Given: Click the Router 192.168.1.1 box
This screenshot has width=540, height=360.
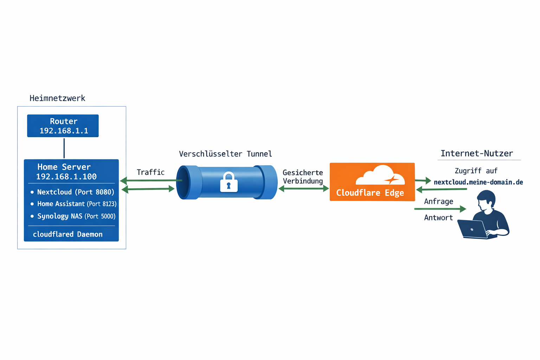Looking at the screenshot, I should point(63,126).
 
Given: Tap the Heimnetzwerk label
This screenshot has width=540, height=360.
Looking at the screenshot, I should point(57,98).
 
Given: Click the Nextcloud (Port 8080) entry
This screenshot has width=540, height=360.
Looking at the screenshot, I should point(75,192).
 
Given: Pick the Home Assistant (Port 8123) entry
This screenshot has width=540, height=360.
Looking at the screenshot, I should point(76,204).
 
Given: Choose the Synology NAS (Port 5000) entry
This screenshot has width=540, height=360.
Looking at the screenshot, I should point(76,216).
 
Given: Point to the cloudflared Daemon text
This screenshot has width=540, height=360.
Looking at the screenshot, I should point(67,234).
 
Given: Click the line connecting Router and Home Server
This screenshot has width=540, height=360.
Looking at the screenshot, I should point(64,148).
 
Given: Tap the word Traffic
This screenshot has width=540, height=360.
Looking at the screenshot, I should point(150,172).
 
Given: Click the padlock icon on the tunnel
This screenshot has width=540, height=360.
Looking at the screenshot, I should point(229,182).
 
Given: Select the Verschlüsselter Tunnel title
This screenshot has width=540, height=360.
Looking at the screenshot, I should point(225,154).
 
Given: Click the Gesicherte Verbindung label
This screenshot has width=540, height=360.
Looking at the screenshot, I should point(303,177).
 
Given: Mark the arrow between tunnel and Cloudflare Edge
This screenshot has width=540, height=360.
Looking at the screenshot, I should point(303,189).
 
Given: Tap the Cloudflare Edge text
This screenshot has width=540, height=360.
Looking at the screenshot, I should point(370,193).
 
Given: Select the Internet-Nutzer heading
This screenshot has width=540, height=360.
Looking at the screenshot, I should point(476,154).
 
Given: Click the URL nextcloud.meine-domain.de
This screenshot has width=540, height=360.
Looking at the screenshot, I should point(478,182).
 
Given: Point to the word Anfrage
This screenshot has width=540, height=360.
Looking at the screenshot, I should point(438,201).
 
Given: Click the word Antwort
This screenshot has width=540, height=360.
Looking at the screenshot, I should point(438,218).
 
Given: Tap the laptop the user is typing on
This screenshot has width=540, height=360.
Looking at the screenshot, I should point(472,229).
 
